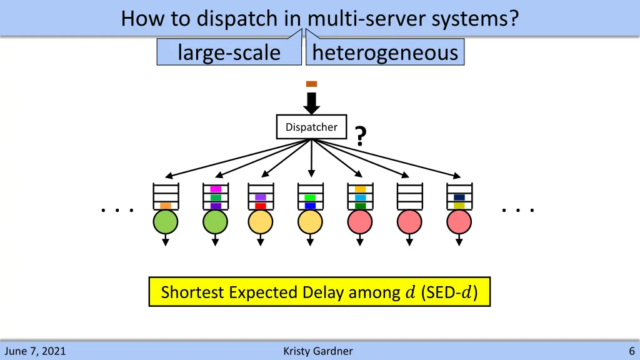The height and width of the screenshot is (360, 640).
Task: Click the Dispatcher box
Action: click(x=311, y=127)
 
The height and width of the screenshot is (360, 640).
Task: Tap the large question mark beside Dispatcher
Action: click(x=360, y=136)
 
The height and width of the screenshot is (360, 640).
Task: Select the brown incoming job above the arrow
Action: click(x=311, y=84)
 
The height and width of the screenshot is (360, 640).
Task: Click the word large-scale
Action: click(x=229, y=52)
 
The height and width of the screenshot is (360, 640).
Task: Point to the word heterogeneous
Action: click(x=385, y=52)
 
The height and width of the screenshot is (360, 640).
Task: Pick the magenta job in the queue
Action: click(x=216, y=189)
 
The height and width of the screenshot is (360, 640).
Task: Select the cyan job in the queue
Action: click(x=360, y=197)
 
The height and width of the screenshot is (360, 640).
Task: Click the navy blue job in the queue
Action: click(x=459, y=197)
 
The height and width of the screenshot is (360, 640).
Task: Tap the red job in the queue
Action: click(x=261, y=206)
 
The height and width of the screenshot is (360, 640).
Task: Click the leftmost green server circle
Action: click(x=166, y=222)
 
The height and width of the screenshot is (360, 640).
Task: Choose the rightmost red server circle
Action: click(x=459, y=222)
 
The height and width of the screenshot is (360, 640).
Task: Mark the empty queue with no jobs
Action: click(x=410, y=196)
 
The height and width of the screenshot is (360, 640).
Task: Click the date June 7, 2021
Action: click(x=34, y=351)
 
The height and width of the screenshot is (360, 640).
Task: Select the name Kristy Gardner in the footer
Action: click(x=317, y=351)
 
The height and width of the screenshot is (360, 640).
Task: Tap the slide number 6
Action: click(x=632, y=351)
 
